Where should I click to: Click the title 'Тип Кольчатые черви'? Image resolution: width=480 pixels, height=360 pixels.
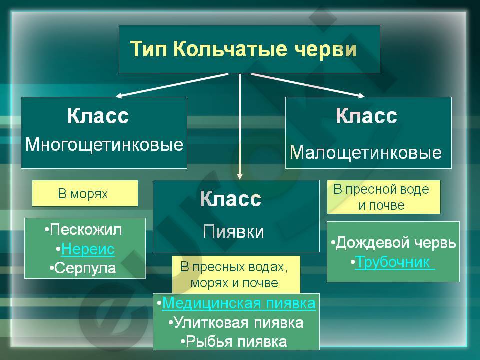(x=243, y=49)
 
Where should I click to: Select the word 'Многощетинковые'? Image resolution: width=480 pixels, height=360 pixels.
(x=104, y=145)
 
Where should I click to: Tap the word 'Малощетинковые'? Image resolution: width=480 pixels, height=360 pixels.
(x=366, y=153)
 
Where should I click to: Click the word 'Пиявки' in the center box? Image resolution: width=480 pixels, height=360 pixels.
(x=233, y=231)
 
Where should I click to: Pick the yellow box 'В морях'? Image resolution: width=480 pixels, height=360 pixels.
(x=85, y=193)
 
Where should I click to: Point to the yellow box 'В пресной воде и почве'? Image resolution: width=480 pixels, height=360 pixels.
(x=384, y=197)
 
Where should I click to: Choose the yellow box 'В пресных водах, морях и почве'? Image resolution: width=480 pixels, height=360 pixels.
(x=236, y=275)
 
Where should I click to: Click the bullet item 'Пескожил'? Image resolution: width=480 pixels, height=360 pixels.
(x=83, y=229)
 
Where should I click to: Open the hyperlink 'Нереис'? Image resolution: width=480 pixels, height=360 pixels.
(x=88, y=249)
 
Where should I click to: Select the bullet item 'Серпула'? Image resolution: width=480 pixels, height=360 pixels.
(x=83, y=268)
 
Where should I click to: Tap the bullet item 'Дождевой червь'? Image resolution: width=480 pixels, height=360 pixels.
(x=393, y=243)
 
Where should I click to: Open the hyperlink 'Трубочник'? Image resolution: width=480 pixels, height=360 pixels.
(x=395, y=262)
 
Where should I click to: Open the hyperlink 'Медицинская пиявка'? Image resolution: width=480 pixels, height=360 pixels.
(x=239, y=303)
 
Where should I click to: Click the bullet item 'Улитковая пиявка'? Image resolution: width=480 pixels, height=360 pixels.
(x=236, y=322)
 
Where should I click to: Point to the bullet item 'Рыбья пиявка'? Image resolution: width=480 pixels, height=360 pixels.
(x=234, y=341)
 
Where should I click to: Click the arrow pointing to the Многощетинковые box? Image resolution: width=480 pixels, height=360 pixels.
(x=172, y=85)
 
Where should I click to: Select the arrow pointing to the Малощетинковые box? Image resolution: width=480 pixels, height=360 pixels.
(x=308, y=85)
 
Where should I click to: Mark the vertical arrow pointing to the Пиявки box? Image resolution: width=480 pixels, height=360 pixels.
(x=240, y=126)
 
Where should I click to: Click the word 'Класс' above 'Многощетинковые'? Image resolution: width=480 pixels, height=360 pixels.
(x=98, y=116)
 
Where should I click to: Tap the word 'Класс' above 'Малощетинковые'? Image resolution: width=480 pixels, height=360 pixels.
(x=366, y=116)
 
